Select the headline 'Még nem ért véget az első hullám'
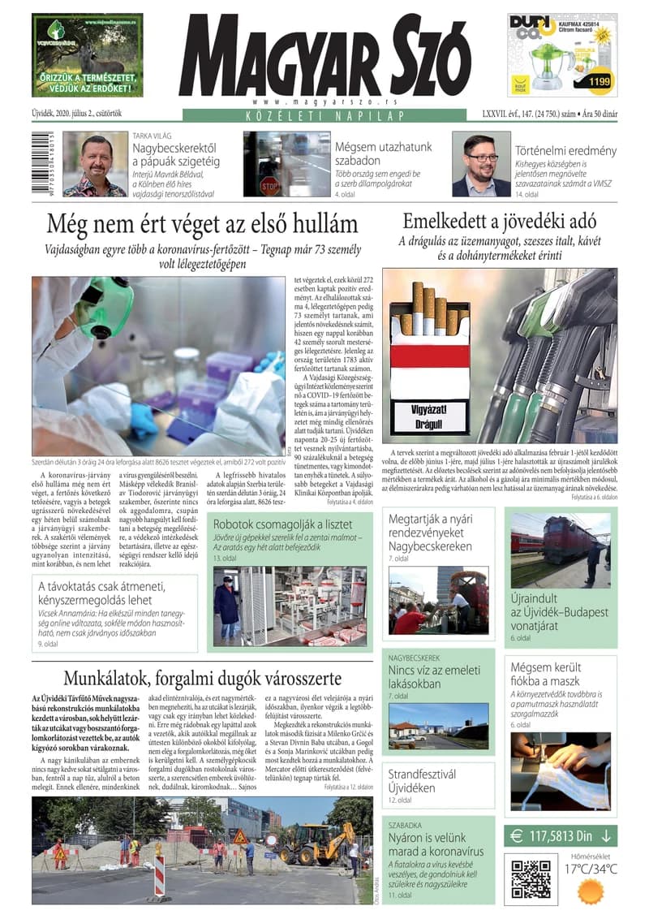tap(202, 223)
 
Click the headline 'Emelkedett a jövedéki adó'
tap(500, 220)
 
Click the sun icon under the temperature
tap(591, 891)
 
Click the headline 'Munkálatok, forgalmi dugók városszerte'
tap(202, 678)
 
